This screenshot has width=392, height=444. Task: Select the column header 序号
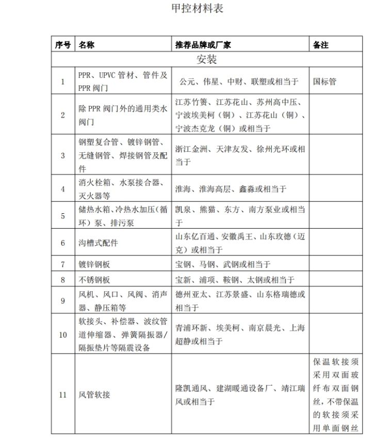coord(63,45)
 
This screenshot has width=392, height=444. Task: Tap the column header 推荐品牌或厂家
coord(203,45)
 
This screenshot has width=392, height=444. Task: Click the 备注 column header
coord(321,45)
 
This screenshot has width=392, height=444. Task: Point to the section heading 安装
coord(206,59)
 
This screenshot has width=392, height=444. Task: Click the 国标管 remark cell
coord(325,82)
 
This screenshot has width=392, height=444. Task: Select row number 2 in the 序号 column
coord(63,115)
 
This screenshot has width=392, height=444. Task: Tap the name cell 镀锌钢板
coord(94,265)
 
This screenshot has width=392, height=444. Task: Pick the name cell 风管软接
coord(94,395)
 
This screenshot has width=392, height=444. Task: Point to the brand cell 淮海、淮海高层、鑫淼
coord(231,189)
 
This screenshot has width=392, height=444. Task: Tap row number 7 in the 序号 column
coord(63,265)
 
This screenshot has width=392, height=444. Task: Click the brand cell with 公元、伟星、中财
coord(239,82)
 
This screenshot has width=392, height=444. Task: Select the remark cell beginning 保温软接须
coord(335,395)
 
